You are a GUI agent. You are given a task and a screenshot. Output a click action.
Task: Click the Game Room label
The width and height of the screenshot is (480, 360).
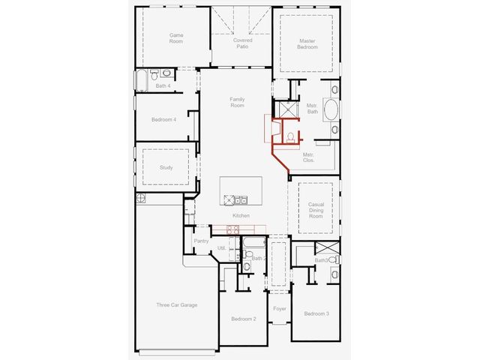(176, 38)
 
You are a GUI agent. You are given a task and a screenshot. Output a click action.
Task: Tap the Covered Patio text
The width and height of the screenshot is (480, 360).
(242, 43)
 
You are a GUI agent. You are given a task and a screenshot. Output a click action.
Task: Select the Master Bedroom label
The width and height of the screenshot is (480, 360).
(307, 43)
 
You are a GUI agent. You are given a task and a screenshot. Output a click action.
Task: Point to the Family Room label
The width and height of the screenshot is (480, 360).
(237, 102)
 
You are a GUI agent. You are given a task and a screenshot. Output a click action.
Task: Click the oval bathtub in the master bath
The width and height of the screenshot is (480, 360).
(331, 109)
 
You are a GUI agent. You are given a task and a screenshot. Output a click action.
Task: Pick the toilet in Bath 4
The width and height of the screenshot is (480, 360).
(154, 74)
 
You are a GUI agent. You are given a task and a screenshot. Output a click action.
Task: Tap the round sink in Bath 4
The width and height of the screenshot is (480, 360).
(166, 73)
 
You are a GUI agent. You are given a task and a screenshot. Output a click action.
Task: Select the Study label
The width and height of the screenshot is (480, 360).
(166, 167)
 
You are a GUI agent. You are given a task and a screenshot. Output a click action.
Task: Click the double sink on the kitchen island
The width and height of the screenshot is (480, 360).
(241, 200)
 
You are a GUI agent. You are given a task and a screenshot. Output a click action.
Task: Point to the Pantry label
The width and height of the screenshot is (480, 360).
(201, 241)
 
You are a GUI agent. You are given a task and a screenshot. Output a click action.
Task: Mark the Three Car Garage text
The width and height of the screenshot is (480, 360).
(177, 305)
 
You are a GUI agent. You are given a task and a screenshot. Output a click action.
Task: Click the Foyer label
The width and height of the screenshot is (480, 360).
(280, 309)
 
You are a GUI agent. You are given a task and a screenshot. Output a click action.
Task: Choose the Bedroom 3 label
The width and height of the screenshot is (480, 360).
(316, 313)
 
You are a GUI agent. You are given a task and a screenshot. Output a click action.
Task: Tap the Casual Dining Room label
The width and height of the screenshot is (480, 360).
(316, 210)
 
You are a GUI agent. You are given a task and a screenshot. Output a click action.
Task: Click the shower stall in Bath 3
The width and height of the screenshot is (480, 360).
(327, 247)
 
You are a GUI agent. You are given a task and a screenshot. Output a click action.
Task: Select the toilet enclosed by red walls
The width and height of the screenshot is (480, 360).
(290, 137)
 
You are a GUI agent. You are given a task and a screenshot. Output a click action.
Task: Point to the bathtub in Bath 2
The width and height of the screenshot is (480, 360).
(254, 242)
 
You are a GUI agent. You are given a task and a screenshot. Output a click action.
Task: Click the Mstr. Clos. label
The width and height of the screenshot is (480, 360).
(308, 157)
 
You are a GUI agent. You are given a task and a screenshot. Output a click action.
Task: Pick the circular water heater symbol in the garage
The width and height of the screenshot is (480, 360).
(140, 198)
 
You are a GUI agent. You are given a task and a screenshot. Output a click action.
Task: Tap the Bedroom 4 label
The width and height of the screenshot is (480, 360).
(163, 119)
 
